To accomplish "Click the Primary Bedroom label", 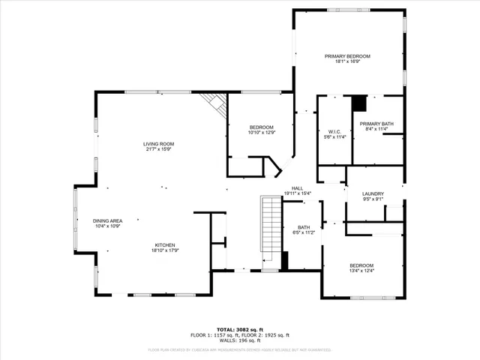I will (347, 56).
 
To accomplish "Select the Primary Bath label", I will (376, 124).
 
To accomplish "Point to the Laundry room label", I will (373, 193).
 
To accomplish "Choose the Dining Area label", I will (106, 220).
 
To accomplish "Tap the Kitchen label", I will (165, 245).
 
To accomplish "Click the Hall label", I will (297, 188).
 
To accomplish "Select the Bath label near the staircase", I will (303, 227).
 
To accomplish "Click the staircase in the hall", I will (269, 225).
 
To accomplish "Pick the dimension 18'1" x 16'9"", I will (347, 61).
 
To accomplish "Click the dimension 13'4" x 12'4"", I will (361, 271).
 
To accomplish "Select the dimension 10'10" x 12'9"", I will (262, 133).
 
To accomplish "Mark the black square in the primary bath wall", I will (360, 103).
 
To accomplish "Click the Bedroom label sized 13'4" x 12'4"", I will (361, 265).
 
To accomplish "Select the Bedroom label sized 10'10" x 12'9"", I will (262, 127).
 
